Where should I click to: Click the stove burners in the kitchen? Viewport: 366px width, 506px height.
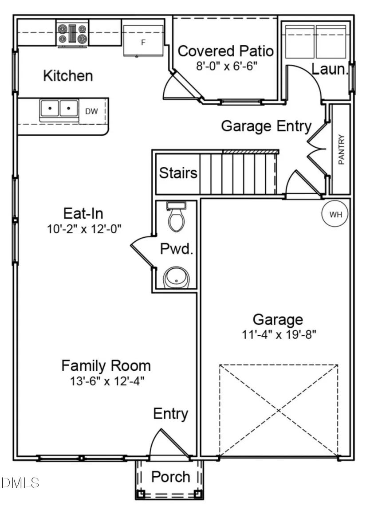pos(72,34)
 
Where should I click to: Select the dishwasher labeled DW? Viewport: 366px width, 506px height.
pos(92,111)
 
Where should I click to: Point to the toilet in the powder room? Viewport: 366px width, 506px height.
pos(176,216)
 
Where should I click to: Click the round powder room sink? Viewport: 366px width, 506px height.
pos(177,278)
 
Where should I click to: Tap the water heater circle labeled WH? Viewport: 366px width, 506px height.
pos(335,214)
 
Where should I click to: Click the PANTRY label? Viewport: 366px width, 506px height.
pos(341,149)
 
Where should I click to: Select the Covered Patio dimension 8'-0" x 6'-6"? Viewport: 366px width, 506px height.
pos(227,66)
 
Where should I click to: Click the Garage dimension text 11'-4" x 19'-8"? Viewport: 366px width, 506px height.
pos(279,334)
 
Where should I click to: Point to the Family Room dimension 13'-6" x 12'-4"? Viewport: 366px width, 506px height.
pos(107,381)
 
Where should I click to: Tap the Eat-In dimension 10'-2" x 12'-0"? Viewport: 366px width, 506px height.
pos(84,229)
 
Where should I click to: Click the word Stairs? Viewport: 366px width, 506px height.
pos(178,173)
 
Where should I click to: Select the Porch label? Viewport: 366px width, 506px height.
pos(171,477)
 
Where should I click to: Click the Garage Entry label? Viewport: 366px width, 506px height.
pos(266,126)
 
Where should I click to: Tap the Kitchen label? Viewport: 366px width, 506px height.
pos(68,75)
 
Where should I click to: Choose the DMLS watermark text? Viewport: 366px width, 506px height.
pos(20,483)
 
